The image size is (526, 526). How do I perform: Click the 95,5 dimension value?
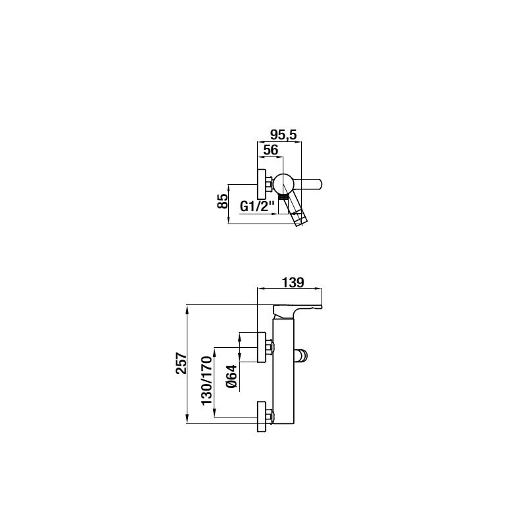pyautogui.click(x=283, y=135)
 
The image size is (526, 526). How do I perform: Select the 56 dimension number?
pyautogui.click(x=271, y=151)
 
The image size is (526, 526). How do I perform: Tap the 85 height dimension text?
pyautogui.click(x=223, y=201)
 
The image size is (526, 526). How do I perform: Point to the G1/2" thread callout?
pyautogui.click(x=257, y=206)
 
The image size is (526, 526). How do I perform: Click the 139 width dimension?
pyautogui.click(x=293, y=283)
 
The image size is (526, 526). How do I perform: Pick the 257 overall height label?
pyautogui.click(x=181, y=363)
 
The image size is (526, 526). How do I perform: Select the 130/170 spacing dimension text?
pyautogui.click(x=207, y=381)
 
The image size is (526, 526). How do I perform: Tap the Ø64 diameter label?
pyautogui.click(x=231, y=376)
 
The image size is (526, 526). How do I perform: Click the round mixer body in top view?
pyautogui.click(x=284, y=184)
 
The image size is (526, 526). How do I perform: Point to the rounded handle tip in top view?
pyautogui.click(x=320, y=184)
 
